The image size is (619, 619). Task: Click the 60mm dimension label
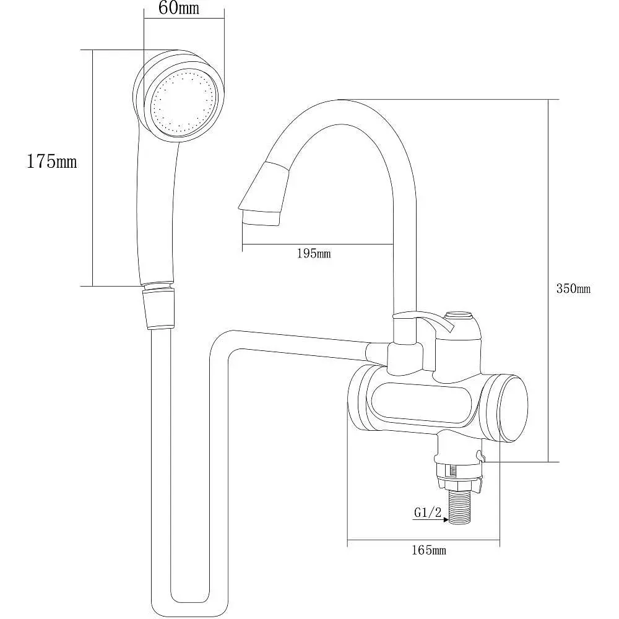(x=179, y=8)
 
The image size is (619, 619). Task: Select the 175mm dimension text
(x=52, y=162)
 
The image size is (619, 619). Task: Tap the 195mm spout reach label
(x=314, y=253)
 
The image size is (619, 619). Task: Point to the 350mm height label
(x=573, y=288)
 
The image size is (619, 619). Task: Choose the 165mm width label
(x=429, y=550)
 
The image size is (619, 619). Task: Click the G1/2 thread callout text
(x=428, y=513)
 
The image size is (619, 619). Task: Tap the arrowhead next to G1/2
(x=445, y=520)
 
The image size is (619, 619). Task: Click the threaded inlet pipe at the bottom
(x=460, y=508)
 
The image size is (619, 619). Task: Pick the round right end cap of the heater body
(x=513, y=408)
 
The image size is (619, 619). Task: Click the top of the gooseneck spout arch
(x=339, y=111)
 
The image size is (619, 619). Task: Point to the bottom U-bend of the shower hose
(x=189, y=604)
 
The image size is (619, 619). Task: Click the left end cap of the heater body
(x=359, y=398)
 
